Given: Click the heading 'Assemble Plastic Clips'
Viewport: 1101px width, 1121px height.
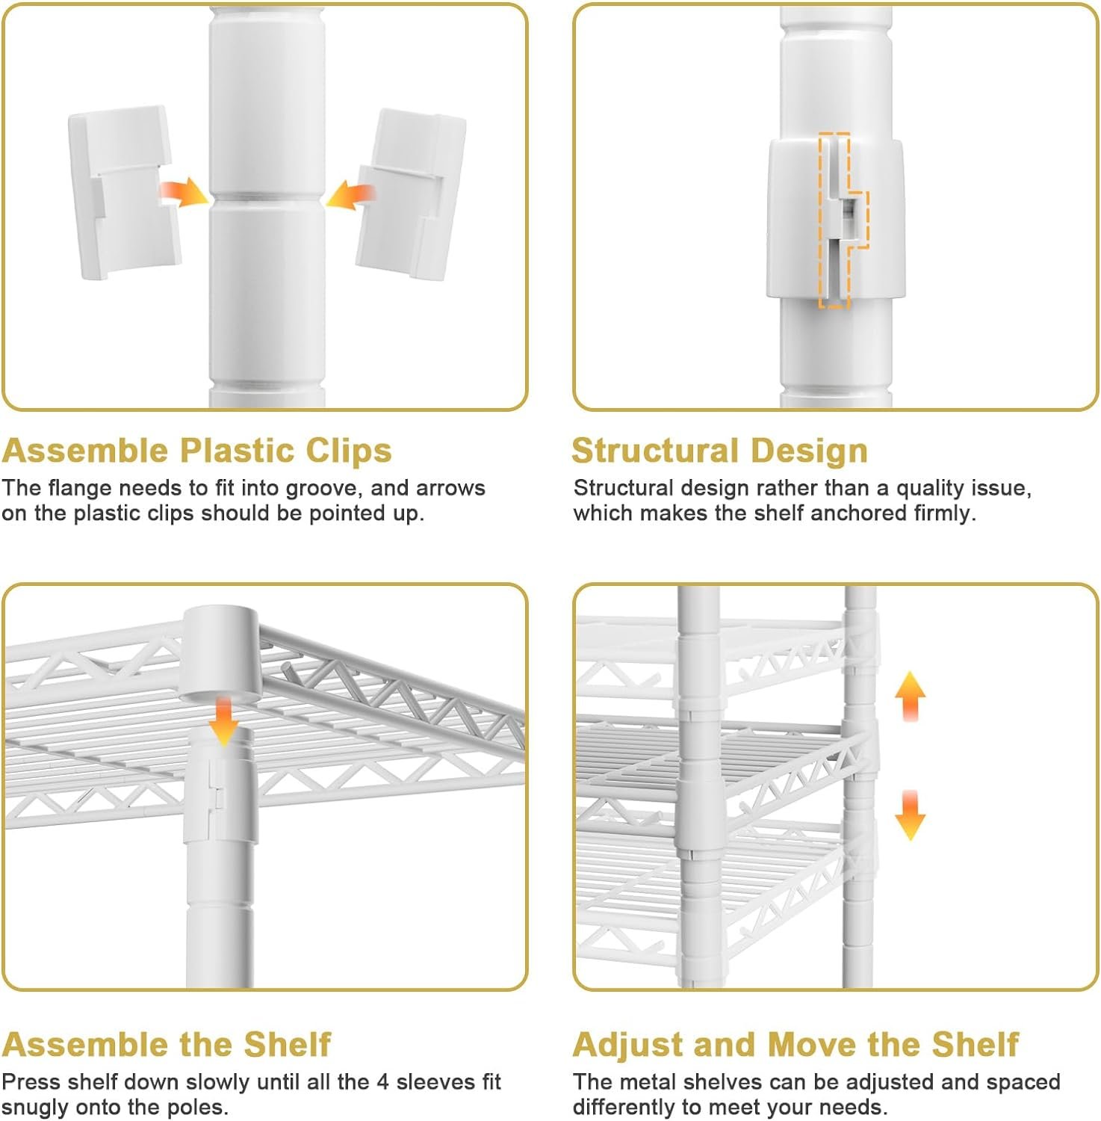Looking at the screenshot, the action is (x=197, y=451).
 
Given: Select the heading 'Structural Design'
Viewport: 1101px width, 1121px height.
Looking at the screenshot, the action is (x=720, y=451).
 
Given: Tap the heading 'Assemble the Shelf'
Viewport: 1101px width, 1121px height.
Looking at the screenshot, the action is (x=167, y=1044).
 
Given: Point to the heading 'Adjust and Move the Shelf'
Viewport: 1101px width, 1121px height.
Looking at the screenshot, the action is (x=796, y=1044).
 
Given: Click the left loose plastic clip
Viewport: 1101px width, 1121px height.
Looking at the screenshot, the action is (x=125, y=192).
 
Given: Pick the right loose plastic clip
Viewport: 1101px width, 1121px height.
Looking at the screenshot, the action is (x=410, y=194).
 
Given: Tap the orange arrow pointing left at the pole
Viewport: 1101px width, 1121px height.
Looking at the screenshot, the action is (x=350, y=194).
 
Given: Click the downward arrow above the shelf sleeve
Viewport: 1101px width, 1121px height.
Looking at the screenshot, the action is (x=223, y=720).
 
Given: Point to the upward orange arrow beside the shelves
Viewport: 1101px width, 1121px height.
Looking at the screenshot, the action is (x=910, y=696).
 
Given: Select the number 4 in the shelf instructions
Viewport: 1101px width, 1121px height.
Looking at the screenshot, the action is (x=382, y=1082).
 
